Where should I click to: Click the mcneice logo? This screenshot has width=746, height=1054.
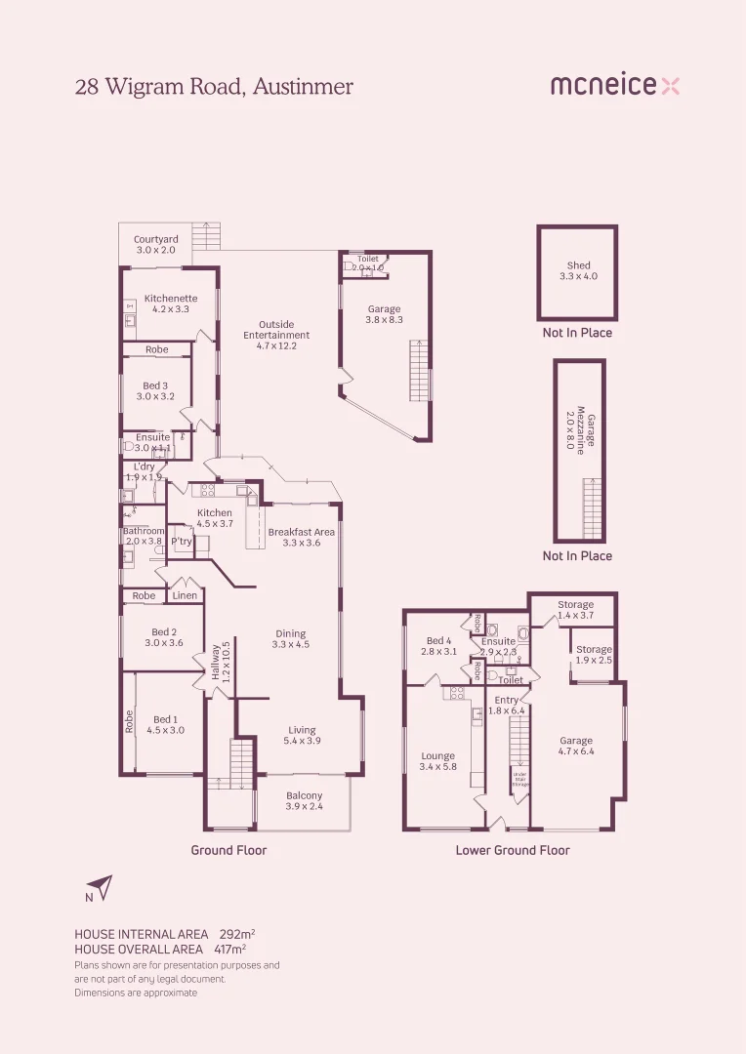[614, 86]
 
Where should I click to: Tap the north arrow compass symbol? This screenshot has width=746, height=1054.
[100, 887]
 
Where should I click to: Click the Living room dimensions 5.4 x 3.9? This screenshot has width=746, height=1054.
[302, 741]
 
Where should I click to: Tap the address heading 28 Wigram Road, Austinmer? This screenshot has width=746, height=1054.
[214, 87]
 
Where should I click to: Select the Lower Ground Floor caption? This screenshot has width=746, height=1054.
[513, 850]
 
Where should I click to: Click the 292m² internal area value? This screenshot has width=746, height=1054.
[237, 934]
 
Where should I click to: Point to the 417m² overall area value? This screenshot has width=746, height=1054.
[228, 949]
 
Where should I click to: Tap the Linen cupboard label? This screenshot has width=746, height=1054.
[185, 595]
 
